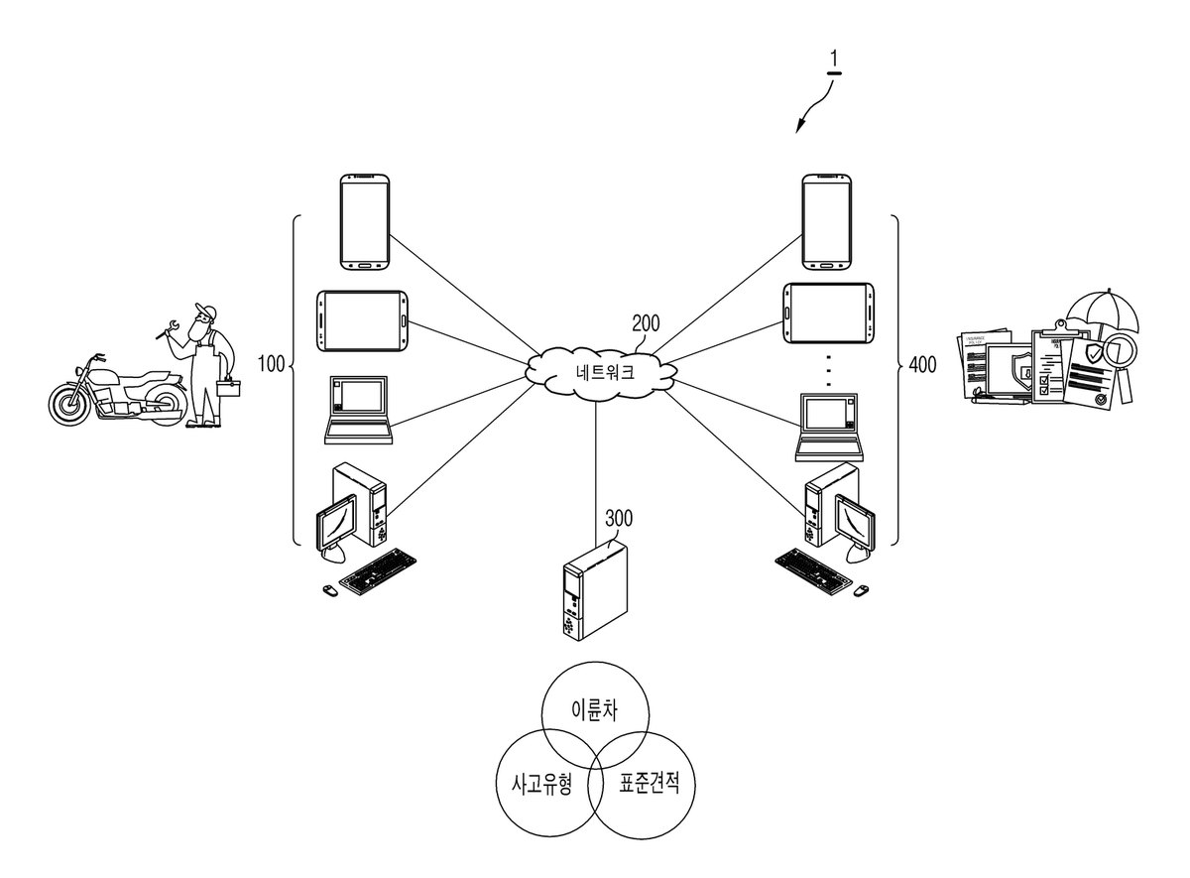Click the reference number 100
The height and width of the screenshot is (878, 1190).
point(271,364)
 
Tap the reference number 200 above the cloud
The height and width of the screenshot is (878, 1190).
point(646,323)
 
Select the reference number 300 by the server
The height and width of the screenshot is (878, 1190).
point(619,518)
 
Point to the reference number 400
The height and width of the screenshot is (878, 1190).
point(923,365)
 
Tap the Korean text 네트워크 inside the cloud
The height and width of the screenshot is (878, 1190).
point(605,371)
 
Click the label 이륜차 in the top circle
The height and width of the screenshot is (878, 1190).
point(594,710)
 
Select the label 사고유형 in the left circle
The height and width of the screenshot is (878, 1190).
point(541,784)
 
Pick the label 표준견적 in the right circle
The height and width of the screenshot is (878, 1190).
point(649,783)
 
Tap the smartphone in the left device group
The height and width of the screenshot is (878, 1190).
point(365,222)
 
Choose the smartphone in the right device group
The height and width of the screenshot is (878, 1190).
point(827,221)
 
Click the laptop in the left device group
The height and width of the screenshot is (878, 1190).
point(359,410)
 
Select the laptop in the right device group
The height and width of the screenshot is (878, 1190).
point(829,428)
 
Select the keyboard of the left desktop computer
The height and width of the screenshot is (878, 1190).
point(378,571)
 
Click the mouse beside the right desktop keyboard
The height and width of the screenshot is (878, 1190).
point(861,590)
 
